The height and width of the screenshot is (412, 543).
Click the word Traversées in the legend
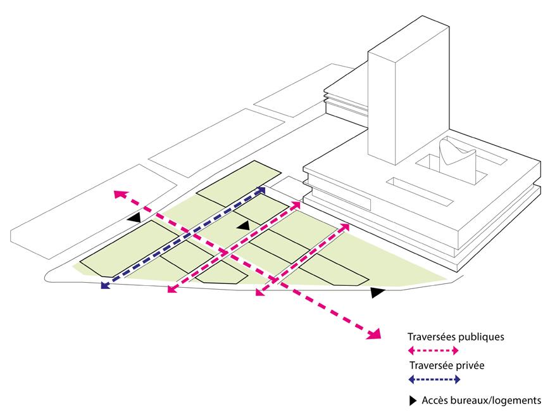click(x=432, y=337)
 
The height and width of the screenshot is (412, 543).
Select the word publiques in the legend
click(x=481, y=337)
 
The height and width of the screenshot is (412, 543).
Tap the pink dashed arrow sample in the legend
click(x=434, y=351)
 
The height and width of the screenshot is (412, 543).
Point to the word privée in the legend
click(x=470, y=366)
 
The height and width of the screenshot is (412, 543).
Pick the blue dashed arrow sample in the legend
click(x=434, y=380)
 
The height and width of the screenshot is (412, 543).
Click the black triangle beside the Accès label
click(x=413, y=401)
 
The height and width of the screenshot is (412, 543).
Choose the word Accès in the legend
click(x=435, y=401)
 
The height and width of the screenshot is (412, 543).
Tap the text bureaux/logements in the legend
click(x=496, y=401)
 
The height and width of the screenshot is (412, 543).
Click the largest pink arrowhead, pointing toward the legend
click(x=375, y=333)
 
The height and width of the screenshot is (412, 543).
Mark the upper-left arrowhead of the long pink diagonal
click(x=120, y=194)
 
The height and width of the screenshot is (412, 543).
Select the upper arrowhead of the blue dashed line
click(x=261, y=190)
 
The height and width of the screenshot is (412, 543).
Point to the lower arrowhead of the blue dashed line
click(x=105, y=285)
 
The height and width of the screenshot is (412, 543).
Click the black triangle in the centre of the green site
click(x=244, y=226)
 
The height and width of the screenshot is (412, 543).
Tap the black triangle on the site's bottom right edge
click(x=377, y=292)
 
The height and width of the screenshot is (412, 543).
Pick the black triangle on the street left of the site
click(x=134, y=218)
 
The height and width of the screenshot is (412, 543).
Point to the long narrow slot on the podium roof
click(x=420, y=192)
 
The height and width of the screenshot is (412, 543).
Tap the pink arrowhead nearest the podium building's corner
click(x=344, y=228)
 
